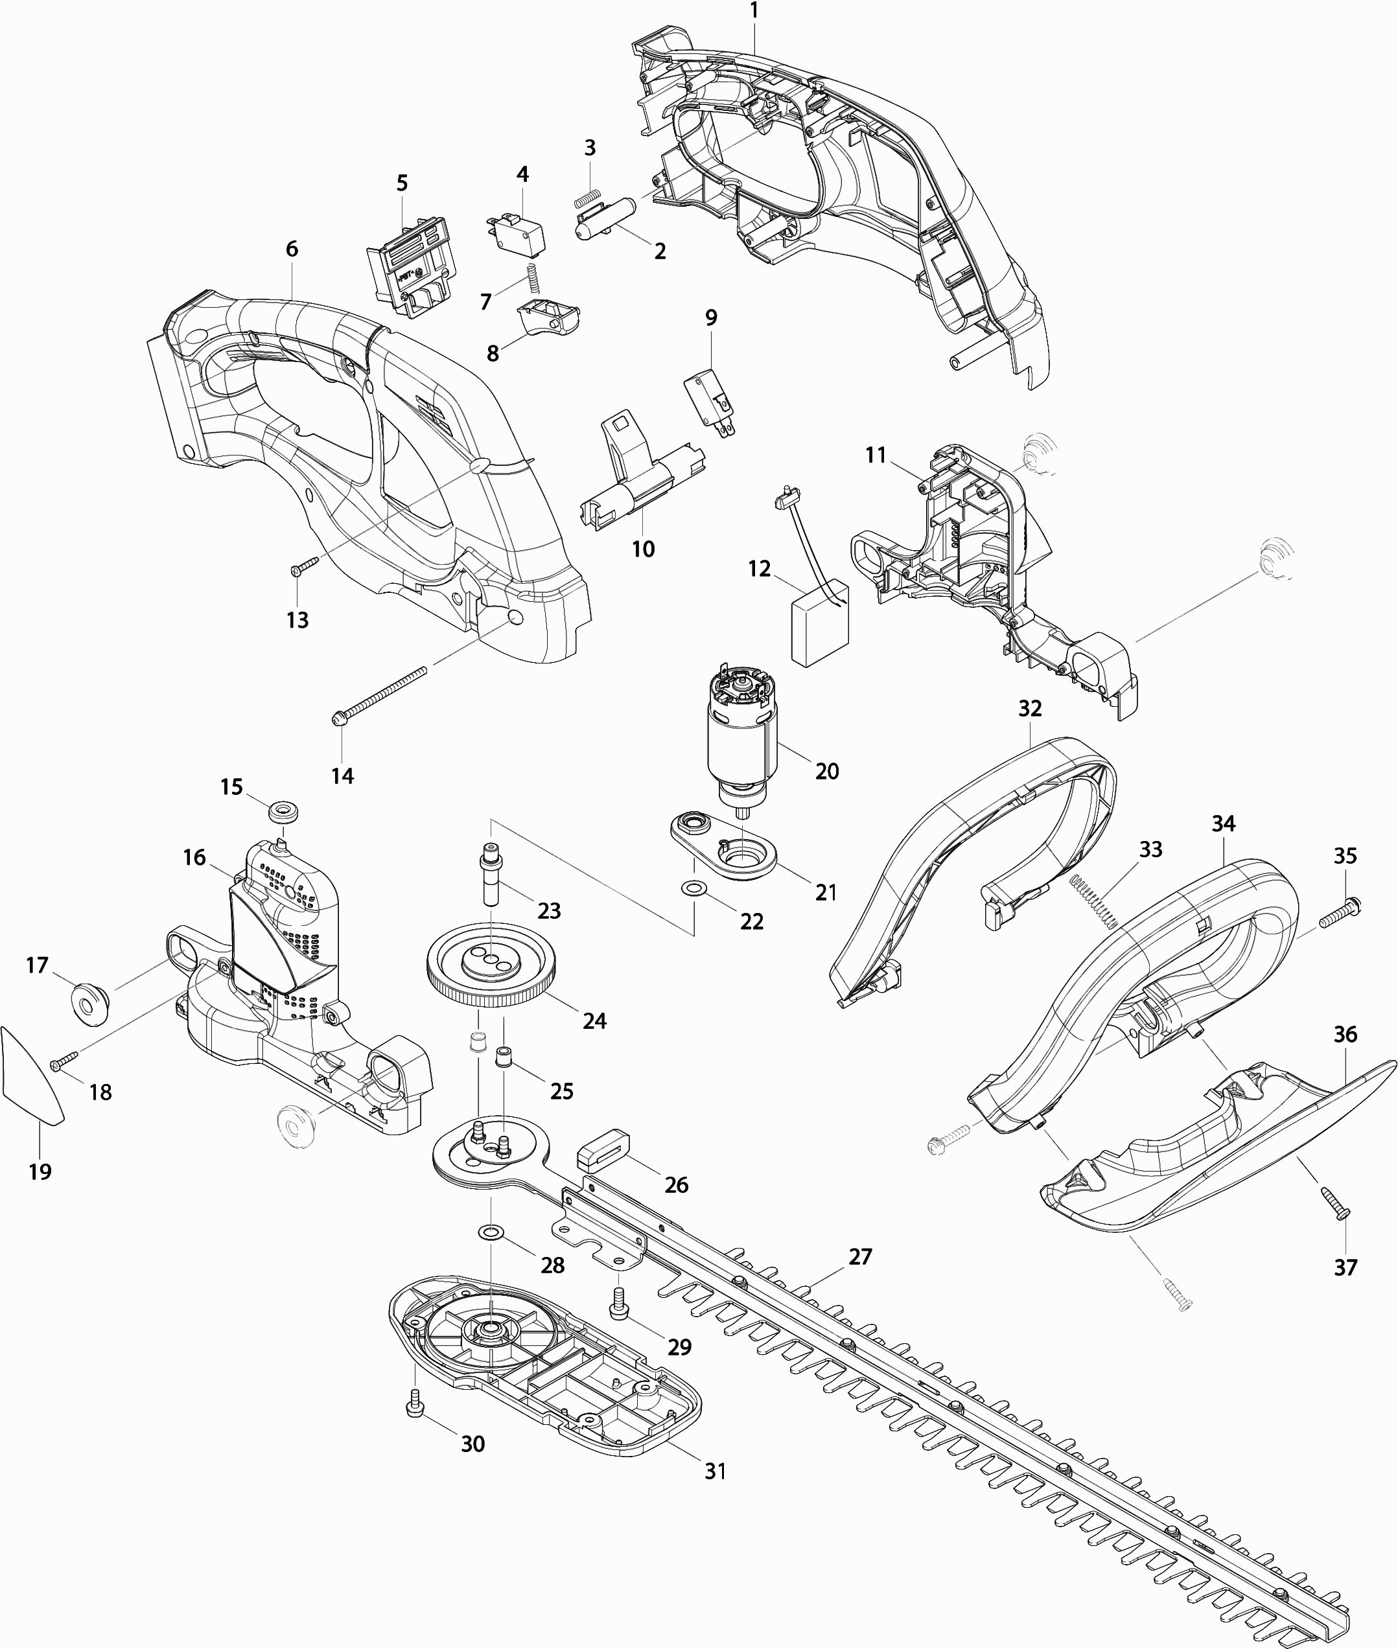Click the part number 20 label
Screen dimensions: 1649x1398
[x=826, y=771]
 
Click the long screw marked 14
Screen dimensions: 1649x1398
[x=378, y=695]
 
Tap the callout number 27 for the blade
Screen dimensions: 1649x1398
[x=860, y=1257]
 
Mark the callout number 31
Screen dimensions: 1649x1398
[x=715, y=1471]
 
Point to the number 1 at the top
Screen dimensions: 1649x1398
[x=754, y=10]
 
